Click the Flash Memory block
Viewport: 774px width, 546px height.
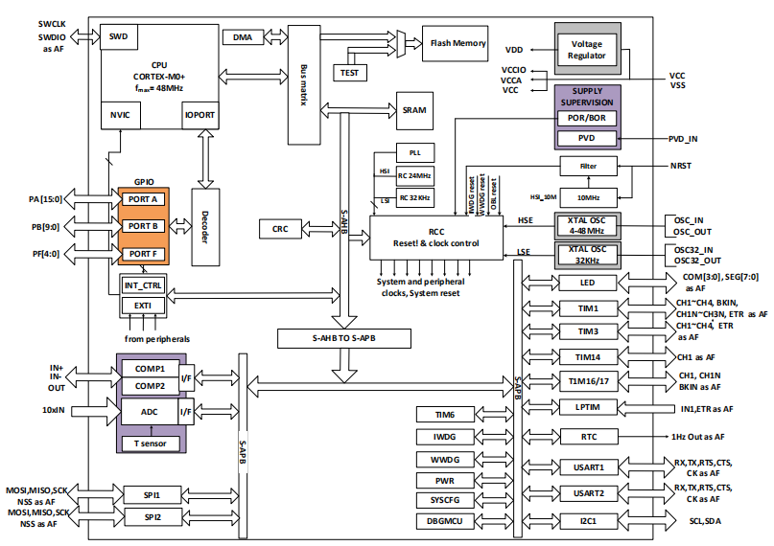(457, 43)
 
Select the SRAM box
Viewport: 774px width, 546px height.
(414, 110)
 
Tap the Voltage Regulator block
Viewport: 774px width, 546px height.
(588, 50)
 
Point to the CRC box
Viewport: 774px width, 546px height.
(279, 228)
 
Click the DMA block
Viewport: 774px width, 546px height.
(244, 37)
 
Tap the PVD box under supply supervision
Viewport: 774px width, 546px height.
(588, 139)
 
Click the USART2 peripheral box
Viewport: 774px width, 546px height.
(589, 493)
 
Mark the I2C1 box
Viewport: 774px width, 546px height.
(589, 522)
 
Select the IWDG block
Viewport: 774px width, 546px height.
(445, 437)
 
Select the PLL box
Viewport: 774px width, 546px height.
(414, 153)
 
